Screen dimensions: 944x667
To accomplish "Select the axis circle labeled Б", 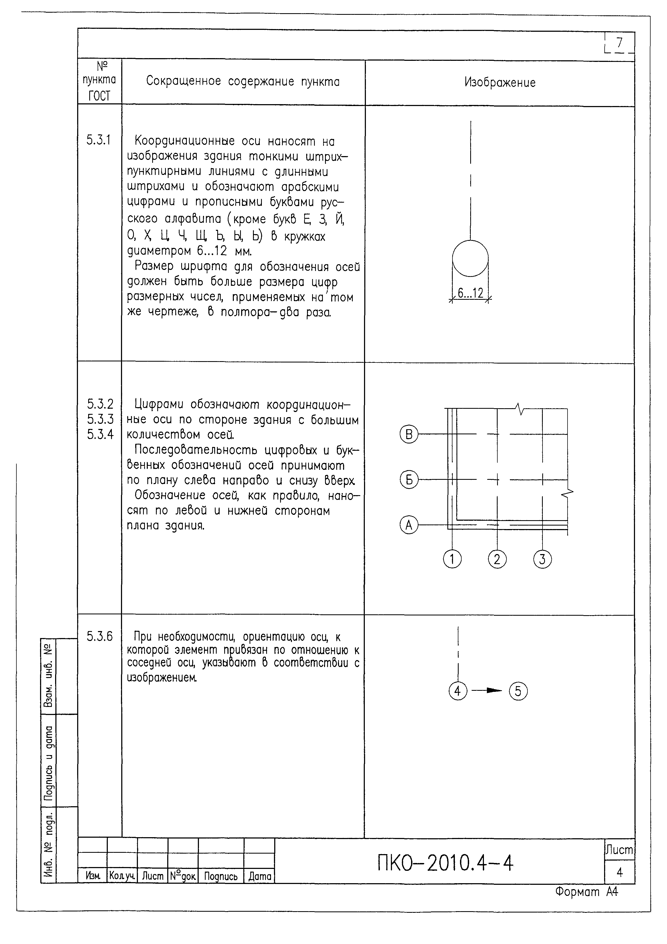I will tap(409, 480).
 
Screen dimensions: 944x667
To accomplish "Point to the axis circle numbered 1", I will tap(452, 559).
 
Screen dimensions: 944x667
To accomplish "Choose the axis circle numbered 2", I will tap(497, 559).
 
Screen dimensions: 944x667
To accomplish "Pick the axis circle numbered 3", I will tap(542, 559).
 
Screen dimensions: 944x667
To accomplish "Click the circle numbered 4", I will tap(458, 691).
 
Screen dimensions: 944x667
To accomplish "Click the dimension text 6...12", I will tap(470, 293).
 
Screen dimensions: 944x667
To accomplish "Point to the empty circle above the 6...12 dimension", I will tap(470, 258).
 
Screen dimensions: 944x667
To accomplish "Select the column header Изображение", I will tap(500, 83).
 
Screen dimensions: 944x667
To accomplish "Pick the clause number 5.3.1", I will tap(99, 140).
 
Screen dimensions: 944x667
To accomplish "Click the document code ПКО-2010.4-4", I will tap(445, 863).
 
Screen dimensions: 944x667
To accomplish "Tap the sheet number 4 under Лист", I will tap(619, 872).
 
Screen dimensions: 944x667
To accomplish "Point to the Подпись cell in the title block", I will tap(221, 876).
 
